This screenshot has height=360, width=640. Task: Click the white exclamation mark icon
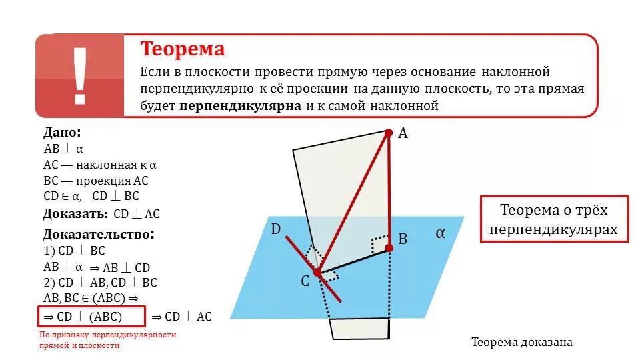(x=80, y=75)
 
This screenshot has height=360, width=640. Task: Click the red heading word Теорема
(x=182, y=49)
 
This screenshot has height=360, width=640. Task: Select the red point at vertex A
(x=389, y=133)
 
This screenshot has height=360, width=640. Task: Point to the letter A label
(x=403, y=133)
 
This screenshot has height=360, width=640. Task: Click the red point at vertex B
(x=389, y=247)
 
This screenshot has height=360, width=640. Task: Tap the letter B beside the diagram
(x=403, y=239)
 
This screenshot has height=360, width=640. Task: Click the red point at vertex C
(x=317, y=272)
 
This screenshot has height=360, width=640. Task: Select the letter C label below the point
(x=305, y=282)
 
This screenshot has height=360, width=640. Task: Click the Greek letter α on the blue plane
(x=440, y=233)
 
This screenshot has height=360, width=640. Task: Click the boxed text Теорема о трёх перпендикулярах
(x=554, y=219)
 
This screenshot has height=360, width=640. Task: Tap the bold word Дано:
(x=62, y=133)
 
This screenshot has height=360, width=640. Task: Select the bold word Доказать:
(x=75, y=214)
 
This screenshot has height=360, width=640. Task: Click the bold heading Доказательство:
(x=99, y=235)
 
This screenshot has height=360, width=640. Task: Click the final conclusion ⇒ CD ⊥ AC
(x=181, y=317)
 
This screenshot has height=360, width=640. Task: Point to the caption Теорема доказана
(x=522, y=342)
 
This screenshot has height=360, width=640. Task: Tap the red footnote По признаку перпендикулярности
(x=107, y=335)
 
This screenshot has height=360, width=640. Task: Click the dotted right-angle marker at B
(x=381, y=241)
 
